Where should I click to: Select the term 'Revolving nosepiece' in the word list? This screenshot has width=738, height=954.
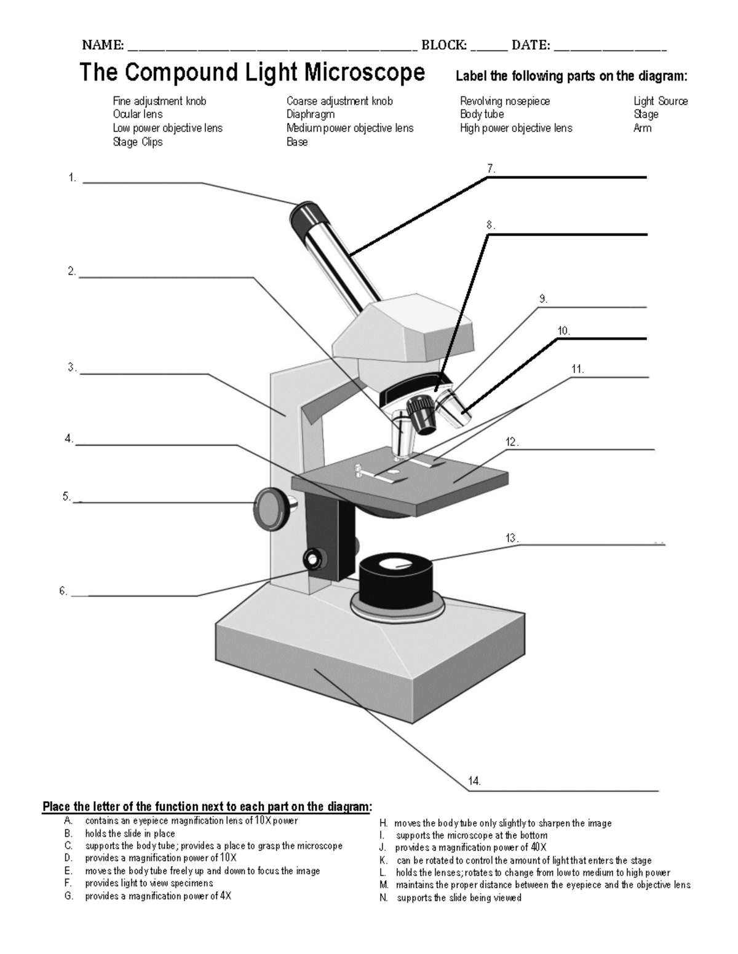[x=504, y=101]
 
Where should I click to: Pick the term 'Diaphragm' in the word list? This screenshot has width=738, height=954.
[x=311, y=115]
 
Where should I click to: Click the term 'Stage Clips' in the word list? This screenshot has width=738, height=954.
[x=138, y=142]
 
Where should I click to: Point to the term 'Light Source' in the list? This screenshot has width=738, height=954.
[x=661, y=101]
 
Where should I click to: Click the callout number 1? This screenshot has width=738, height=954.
[x=72, y=178]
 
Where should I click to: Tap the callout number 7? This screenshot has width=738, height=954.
[x=491, y=168]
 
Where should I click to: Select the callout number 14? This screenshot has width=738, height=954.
[x=474, y=781]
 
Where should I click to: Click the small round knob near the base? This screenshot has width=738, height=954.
[x=314, y=560]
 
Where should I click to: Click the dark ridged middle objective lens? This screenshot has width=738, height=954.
[x=421, y=415]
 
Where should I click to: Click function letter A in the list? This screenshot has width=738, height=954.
[x=68, y=821]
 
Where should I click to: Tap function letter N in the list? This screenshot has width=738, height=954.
[x=384, y=898]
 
